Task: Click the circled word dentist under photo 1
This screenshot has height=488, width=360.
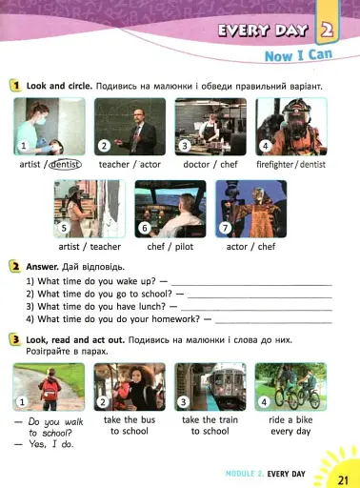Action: click(x=65, y=164)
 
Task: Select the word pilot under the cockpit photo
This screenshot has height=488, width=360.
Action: click(x=184, y=247)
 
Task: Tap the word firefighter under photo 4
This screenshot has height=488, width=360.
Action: click(x=274, y=164)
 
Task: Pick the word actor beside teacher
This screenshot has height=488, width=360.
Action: click(x=150, y=165)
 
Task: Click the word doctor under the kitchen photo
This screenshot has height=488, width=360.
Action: click(x=196, y=164)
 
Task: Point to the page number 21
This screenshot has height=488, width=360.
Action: click(x=343, y=479)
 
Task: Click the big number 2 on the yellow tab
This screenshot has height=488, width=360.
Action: click(x=327, y=30)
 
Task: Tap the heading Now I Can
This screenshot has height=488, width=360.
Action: click(x=298, y=55)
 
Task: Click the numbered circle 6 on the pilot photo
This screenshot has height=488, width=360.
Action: click(x=145, y=228)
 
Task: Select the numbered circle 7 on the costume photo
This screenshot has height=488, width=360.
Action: click(x=225, y=228)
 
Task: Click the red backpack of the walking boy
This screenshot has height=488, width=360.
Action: click(x=50, y=390)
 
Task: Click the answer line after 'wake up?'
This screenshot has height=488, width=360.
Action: click(x=251, y=285)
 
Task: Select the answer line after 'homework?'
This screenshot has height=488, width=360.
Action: click(x=273, y=323)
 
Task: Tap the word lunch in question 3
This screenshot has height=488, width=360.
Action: click(x=152, y=307)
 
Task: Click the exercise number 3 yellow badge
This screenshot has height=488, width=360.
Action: click(x=15, y=340)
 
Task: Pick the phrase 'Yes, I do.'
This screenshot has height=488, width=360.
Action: click(x=50, y=444)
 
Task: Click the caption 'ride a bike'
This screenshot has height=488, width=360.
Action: click(x=290, y=419)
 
